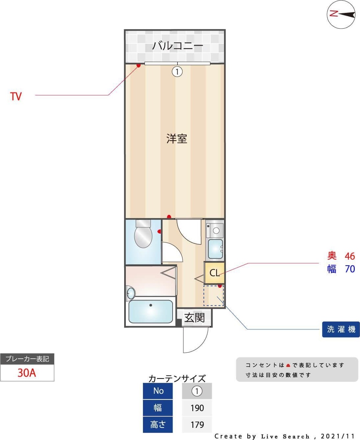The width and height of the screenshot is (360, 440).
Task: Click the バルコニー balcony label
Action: click(x=177, y=45)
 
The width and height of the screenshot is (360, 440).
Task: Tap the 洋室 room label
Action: click(x=177, y=139)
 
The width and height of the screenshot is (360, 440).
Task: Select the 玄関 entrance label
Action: click(x=194, y=318)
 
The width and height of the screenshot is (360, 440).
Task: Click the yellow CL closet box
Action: click(x=214, y=272)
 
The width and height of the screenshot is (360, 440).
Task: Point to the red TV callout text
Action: click(x=16, y=96)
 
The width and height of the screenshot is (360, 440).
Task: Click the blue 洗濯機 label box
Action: click(x=341, y=329)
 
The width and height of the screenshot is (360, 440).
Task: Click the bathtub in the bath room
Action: click(x=151, y=311)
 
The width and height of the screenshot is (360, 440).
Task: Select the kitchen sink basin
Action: click(x=215, y=249)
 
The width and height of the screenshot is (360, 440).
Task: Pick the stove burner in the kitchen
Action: click(x=216, y=230)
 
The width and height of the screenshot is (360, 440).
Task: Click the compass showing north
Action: click(x=341, y=14)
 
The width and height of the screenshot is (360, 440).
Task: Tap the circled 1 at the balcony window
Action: click(x=177, y=71)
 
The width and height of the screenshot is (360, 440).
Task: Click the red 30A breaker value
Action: click(x=27, y=373)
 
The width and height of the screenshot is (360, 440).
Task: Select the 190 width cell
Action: click(x=197, y=408)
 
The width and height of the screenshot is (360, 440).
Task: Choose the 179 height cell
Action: click(x=197, y=425)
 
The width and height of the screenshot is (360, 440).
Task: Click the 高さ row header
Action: click(x=158, y=425)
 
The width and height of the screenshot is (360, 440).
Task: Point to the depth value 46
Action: click(x=350, y=256)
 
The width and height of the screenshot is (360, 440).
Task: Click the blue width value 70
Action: click(x=350, y=269)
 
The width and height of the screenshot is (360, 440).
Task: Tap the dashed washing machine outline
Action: click(x=213, y=296)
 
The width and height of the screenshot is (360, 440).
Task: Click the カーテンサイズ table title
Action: click(x=177, y=378)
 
